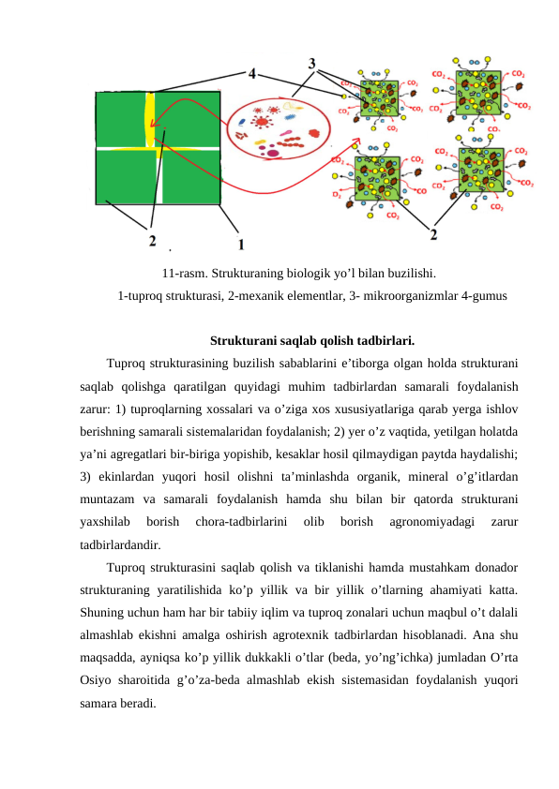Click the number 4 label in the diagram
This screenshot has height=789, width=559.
tap(253, 73)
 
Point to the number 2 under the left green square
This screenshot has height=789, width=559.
tap(152, 241)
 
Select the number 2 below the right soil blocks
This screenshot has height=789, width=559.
tap(432, 232)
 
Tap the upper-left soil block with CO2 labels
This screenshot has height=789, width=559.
tap(379, 98)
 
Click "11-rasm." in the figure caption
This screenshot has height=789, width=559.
tap(182, 275)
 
